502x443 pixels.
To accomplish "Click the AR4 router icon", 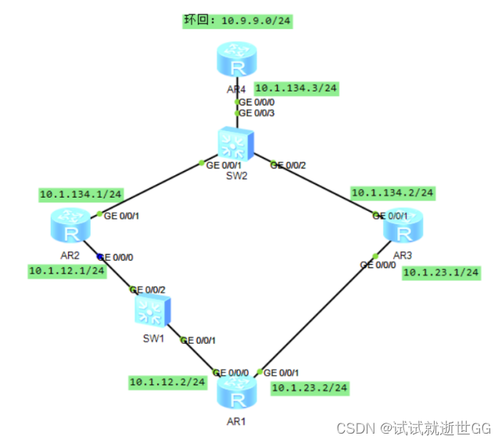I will (236, 61).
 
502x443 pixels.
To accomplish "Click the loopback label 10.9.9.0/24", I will (238, 20).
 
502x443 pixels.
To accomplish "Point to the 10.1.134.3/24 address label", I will (297, 88).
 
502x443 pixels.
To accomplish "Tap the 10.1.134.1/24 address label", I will (81, 193).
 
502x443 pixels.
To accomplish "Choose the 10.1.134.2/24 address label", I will (393, 191).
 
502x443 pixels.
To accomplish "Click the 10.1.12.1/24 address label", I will (67, 270).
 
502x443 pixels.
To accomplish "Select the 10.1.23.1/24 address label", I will (441, 273).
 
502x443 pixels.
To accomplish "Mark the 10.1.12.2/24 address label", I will (167, 382).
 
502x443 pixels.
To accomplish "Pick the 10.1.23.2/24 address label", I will (309, 387).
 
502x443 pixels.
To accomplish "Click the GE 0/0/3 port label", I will (257, 113).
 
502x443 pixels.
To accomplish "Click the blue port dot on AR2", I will (99, 255).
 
